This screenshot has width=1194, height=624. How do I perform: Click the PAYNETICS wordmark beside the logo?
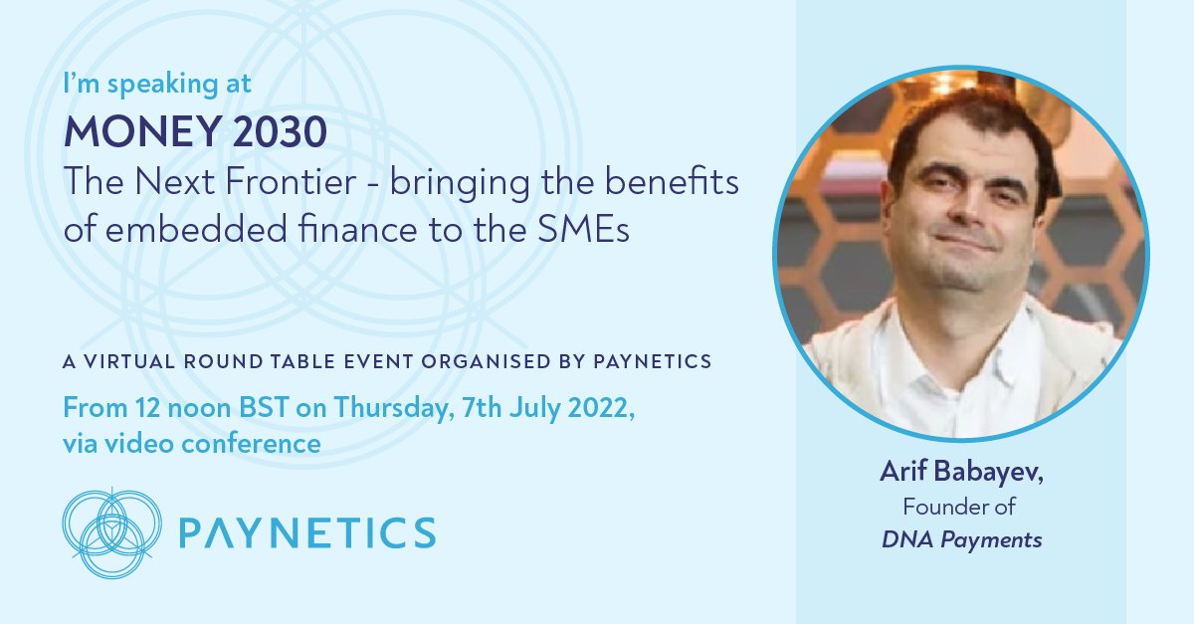306,532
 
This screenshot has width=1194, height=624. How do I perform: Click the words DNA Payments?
961,540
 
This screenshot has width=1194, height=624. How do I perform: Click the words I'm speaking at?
158,85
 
